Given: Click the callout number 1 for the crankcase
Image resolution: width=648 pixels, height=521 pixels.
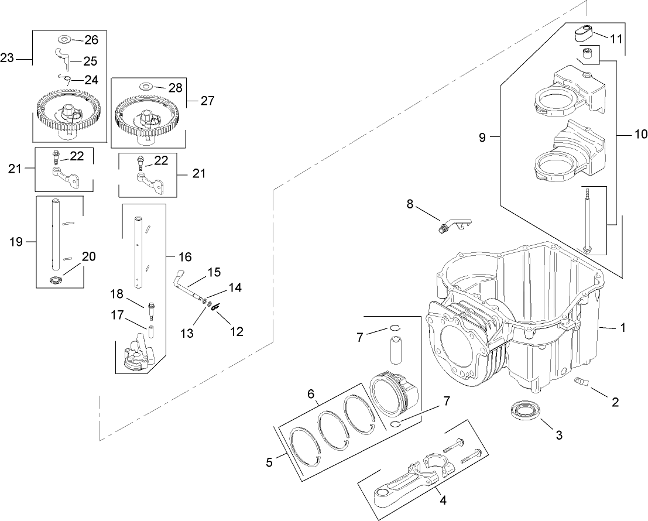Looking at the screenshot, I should click(623, 328).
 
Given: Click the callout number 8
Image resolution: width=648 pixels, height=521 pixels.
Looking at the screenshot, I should click(410, 204).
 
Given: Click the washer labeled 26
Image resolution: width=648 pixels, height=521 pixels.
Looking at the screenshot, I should click(63, 40).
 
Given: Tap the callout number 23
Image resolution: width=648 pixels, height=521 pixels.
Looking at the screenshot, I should click(8, 58).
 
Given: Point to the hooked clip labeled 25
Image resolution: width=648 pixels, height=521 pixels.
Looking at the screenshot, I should click(63, 59).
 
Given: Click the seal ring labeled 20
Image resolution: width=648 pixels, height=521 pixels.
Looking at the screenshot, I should click(56, 280).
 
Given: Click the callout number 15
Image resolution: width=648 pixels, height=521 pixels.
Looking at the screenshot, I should click(214, 272).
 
